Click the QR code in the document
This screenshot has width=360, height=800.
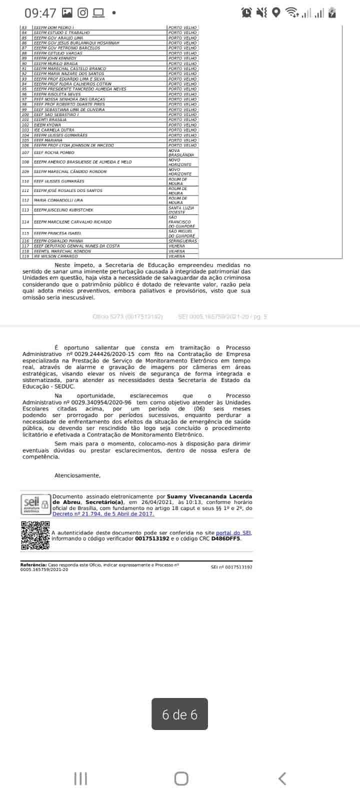[x=35, y=535]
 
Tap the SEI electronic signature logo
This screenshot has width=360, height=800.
[x=35, y=503]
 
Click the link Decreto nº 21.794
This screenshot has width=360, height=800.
[x=103, y=514]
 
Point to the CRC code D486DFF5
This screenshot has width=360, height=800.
[x=226, y=539]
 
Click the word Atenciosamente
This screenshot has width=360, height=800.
[x=77, y=475]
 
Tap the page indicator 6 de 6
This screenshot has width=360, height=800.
[x=179, y=714]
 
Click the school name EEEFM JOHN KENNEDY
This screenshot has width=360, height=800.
[x=55, y=58]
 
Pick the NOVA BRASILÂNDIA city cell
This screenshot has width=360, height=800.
[x=180, y=152]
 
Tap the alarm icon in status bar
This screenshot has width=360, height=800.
[x=246, y=12]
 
